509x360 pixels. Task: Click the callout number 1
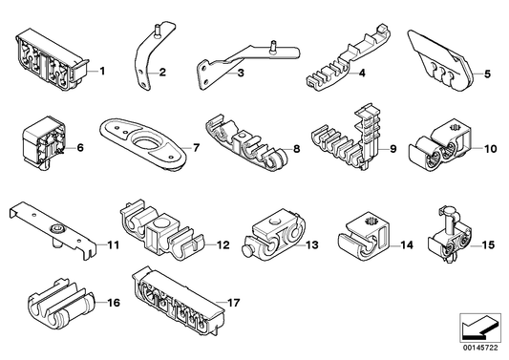coord(102,71)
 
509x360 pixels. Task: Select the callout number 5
coord(487,74)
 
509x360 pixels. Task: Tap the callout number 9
coord(393,149)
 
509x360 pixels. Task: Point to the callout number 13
coord(312,244)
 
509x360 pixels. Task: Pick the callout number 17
coord(233,303)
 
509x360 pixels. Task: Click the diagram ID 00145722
coord(480,348)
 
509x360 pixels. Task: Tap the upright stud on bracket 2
coord(158,32)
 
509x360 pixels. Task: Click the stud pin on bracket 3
coord(274,46)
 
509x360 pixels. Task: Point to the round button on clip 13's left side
coord(247,251)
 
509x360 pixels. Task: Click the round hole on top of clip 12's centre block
coord(161,223)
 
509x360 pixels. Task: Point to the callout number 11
coord(114,244)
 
